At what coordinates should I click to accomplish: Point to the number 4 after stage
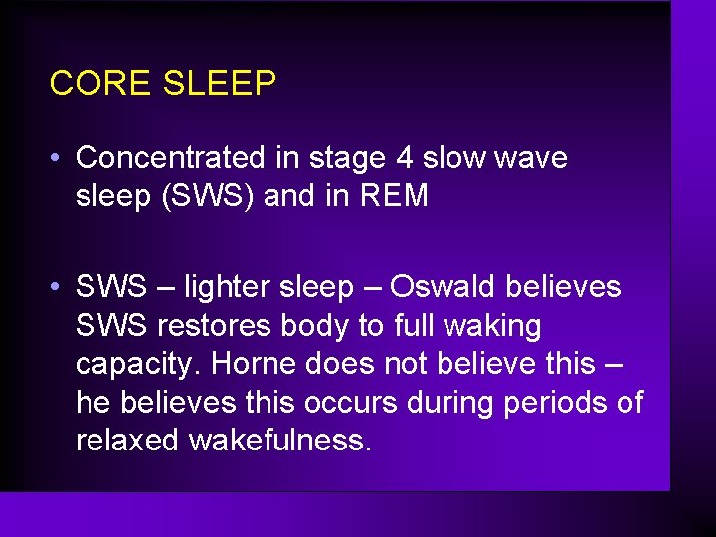406,158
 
